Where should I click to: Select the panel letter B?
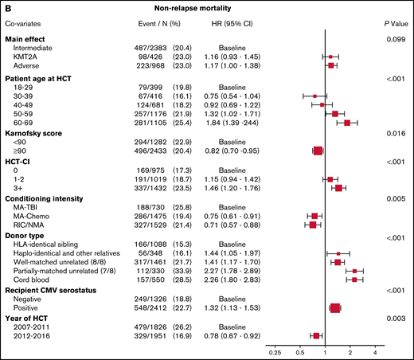click(x=6, y=8)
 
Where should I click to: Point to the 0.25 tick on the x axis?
click(x=276, y=350)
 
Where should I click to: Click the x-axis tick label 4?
click(x=375, y=350)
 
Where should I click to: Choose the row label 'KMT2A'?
click(x=30, y=58)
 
